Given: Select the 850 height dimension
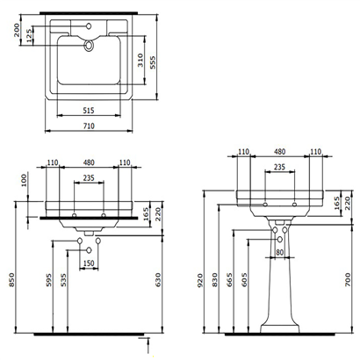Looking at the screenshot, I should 11,278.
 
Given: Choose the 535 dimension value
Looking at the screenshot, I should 63,283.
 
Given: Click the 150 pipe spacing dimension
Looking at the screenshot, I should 89,263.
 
